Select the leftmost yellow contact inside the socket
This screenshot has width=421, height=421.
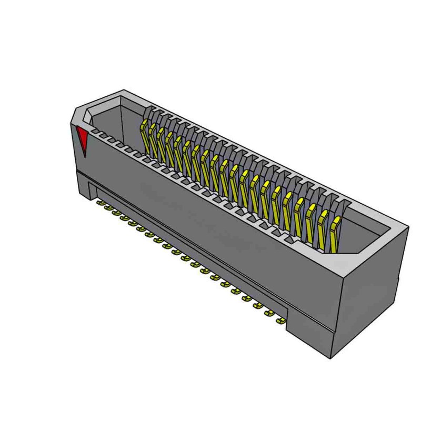pos(143,134)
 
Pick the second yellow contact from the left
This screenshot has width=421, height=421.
pos(153,139)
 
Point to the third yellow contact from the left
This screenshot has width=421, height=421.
pos(162,143)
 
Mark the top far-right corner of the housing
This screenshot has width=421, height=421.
pos(408,226)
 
